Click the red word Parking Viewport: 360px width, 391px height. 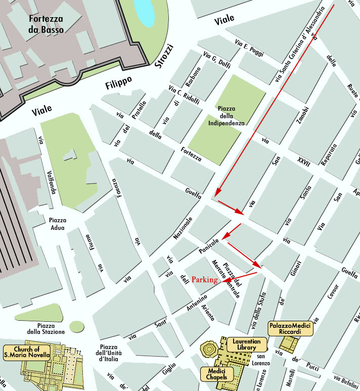(x=204, y=279)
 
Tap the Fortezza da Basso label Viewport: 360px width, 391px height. (x=46, y=25)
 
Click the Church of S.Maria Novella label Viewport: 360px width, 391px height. (x=27, y=352)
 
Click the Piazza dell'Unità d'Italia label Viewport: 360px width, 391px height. (x=109, y=353)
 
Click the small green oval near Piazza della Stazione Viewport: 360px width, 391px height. (x=76, y=326)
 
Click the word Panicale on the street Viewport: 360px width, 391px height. (x=208, y=246)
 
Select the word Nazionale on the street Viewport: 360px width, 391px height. (x=183, y=228)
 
